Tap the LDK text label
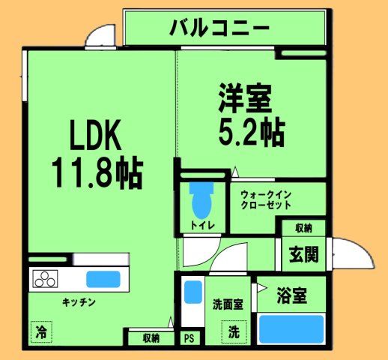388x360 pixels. [95, 138]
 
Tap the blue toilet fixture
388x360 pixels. [200, 198]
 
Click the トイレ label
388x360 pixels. [201, 224]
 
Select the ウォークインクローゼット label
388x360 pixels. [270, 200]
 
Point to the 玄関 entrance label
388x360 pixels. [303, 255]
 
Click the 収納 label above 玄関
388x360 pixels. [303, 228]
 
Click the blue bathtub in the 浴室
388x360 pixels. [291, 328]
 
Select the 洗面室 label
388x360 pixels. [227, 305]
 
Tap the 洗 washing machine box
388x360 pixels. [233, 329]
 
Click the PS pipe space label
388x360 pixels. [189, 338]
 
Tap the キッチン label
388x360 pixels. [78, 302]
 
